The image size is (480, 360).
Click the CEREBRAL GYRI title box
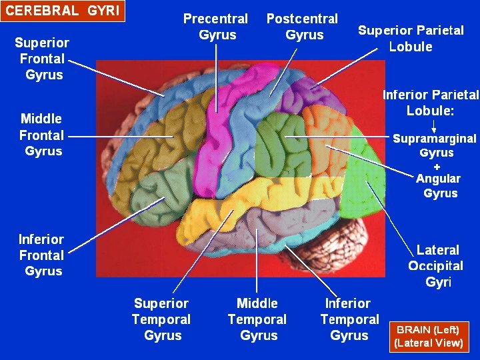pos(62,11)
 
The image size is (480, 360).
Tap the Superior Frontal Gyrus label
pos(42,59)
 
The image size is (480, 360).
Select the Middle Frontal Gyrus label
pos(41,135)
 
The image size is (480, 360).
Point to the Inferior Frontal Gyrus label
pos(41,255)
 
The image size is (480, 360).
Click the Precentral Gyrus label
pos(215,27)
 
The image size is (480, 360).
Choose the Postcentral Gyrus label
pos(302,27)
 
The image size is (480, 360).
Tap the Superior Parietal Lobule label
pos(411,38)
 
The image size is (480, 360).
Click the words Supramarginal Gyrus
pos(435,145)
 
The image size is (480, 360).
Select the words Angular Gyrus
pos(439,186)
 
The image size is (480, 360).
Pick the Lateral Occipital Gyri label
pos(437,265)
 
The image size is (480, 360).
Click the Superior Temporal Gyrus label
pos(162,319)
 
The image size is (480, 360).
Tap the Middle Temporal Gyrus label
pos(257,319)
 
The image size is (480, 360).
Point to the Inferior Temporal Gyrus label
pos(349,319)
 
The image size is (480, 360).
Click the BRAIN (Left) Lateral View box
pos(429,337)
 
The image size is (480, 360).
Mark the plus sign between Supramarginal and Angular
pos(437,166)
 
